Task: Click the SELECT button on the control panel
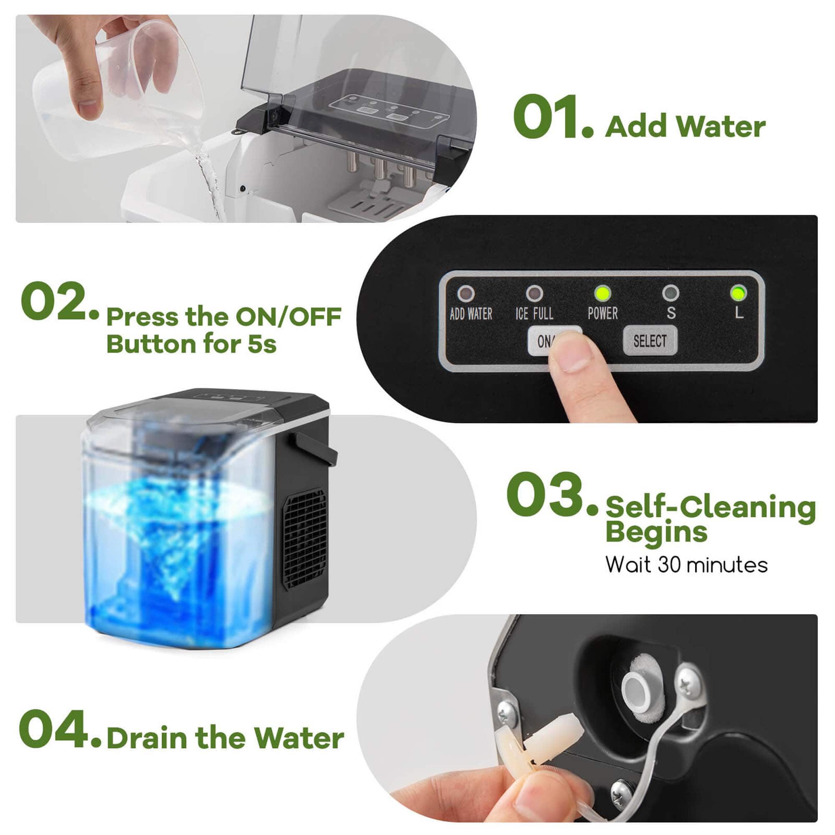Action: [650, 341]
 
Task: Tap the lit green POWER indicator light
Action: [602, 294]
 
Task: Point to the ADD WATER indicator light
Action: [466, 294]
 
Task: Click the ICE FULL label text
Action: [534, 314]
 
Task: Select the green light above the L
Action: [738, 294]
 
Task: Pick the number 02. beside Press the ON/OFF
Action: [58, 302]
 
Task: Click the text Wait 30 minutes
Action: [686, 564]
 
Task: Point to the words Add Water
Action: [685, 127]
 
